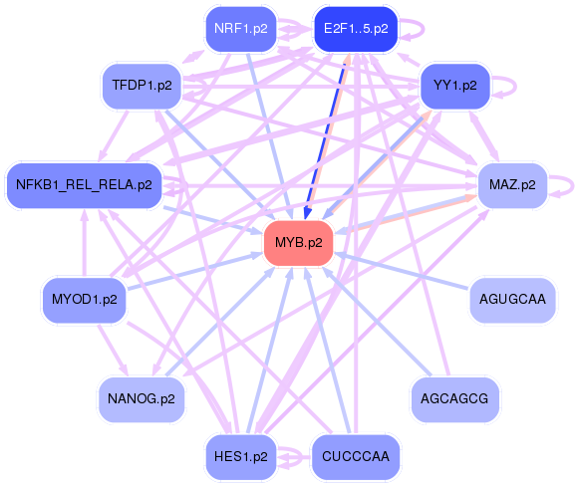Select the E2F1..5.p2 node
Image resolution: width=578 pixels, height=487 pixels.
(356, 29)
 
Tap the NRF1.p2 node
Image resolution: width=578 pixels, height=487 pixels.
(240, 29)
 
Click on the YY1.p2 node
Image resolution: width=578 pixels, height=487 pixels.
(454, 86)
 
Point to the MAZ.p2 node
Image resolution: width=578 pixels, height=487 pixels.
(512, 184)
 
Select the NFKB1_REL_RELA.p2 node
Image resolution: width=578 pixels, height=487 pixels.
(84, 184)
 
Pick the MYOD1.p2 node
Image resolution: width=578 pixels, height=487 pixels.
(84, 299)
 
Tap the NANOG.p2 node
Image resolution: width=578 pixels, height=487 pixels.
(141, 398)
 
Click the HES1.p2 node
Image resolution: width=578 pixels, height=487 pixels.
(240, 457)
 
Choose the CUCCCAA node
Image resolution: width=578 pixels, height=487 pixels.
(356, 457)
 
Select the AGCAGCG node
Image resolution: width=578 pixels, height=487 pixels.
(454, 398)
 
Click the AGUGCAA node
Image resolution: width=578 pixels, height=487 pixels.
(511, 299)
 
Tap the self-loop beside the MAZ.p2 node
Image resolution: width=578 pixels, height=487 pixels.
(566, 184)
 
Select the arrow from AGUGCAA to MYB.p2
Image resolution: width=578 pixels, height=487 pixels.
(404, 271)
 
